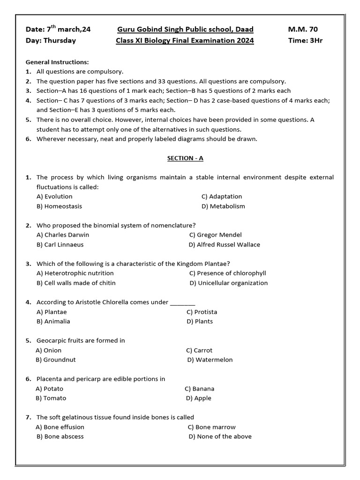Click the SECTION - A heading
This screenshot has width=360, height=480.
(185, 158)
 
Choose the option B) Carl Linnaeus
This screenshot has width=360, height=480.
(60, 245)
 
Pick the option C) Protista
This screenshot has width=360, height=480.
(202, 312)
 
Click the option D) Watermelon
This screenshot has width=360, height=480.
(210, 360)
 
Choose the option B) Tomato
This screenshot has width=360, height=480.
(51, 398)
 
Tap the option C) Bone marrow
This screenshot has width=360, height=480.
(211, 427)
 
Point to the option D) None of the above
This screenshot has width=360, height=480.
(220, 436)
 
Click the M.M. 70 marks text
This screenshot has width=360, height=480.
(303, 30)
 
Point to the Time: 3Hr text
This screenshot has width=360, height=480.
(305, 40)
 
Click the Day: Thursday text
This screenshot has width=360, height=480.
(51, 40)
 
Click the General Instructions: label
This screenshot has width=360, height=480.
(57, 62)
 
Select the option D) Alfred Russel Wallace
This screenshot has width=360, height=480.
(224, 245)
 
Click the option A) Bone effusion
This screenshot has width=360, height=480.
(60, 427)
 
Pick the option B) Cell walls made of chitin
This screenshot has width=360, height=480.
(76, 283)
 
